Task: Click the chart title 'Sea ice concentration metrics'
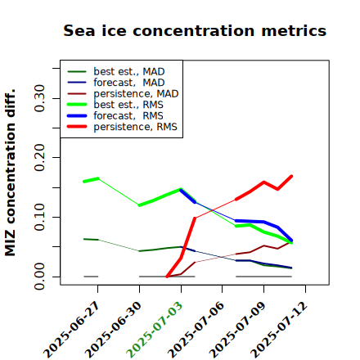(195, 30)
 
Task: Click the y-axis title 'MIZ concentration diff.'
(10, 173)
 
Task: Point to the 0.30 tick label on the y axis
(39, 98)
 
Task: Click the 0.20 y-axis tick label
(39, 158)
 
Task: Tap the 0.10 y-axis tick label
(39, 217)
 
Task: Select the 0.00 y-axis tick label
(39, 277)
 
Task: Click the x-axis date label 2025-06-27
(72, 330)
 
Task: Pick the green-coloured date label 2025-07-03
(155, 330)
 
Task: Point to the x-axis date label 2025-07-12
(279, 330)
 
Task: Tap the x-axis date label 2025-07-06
(196, 330)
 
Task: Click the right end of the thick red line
(291, 176)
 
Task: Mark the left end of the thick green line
(84, 182)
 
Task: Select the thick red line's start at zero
(167, 277)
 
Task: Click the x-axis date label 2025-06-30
(114, 330)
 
